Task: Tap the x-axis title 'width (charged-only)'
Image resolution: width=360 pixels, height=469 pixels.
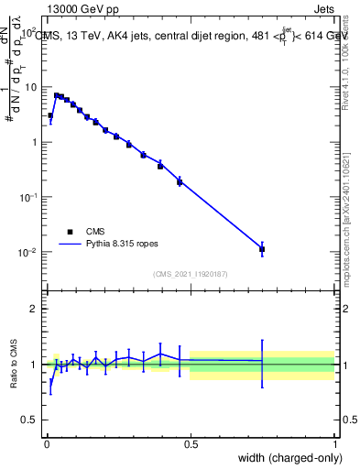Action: coord(285,458)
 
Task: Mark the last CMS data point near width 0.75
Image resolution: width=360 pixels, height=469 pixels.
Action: coord(262,249)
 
